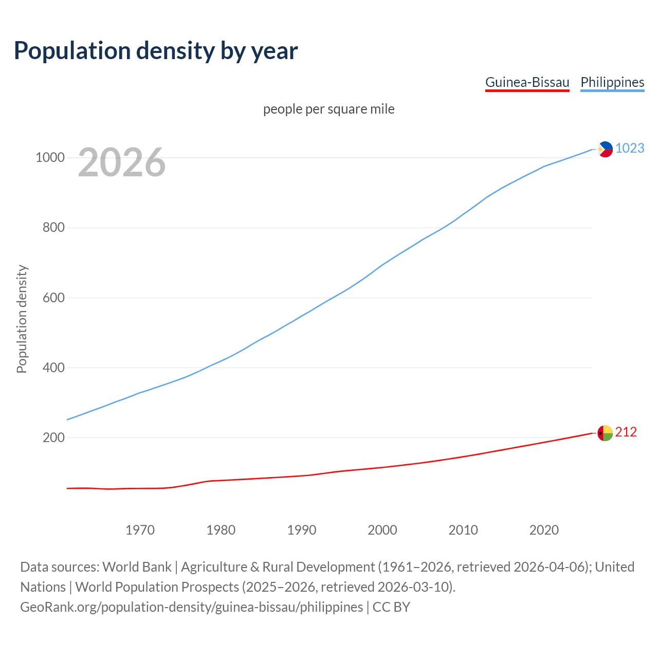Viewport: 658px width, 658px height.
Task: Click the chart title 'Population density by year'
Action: (x=156, y=50)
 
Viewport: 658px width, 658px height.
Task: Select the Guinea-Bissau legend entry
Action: (x=527, y=82)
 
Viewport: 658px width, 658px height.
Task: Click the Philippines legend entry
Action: (x=612, y=82)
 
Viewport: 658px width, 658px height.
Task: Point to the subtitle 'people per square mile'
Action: (x=328, y=109)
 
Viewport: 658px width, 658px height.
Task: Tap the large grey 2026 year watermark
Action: (x=122, y=162)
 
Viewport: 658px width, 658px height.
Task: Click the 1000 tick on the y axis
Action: (x=50, y=157)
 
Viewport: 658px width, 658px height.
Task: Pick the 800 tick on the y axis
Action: (x=53, y=227)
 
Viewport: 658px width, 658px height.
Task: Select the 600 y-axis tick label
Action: (x=53, y=298)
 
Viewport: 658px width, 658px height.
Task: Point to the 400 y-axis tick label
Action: (x=53, y=368)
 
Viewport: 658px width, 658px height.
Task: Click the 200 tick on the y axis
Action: (x=53, y=437)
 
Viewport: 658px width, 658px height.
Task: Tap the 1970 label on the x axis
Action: (x=140, y=530)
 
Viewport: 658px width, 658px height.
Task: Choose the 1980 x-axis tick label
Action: (x=221, y=530)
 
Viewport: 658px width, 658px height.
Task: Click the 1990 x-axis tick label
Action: (x=302, y=530)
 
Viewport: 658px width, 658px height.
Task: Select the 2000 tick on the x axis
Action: (x=382, y=530)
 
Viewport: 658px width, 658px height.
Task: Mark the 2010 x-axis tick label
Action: (x=463, y=530)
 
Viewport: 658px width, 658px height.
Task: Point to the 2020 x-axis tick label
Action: (x=544, y=530)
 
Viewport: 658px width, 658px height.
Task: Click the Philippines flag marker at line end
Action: (x=605, y=149)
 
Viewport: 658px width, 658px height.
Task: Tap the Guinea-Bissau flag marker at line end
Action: (x=605, y=433)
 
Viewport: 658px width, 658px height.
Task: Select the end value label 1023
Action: (x=630, y=148)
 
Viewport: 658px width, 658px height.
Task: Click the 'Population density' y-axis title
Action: (x=22, y=319)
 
